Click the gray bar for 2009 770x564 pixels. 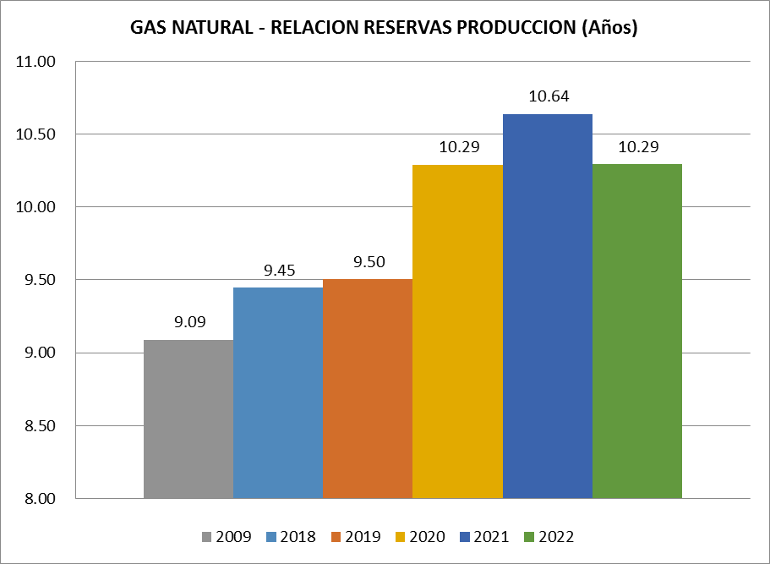coord(188,419)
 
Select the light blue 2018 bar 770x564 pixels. coord(278,392)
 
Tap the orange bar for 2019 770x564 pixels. coord(368,388)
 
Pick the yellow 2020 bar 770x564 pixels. coord(457,331)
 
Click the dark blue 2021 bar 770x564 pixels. coord(548,305)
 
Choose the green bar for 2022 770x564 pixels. coord(637,331)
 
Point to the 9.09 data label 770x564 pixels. coord(190,321)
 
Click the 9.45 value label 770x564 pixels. coord(280,270)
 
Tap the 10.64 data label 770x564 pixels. coord(549,96)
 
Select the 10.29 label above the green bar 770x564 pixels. coord(639,146)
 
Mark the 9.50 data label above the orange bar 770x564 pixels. coord(369,261)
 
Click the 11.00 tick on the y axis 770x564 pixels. coord(35,62)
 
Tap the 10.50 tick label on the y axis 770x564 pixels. coord(35,134)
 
